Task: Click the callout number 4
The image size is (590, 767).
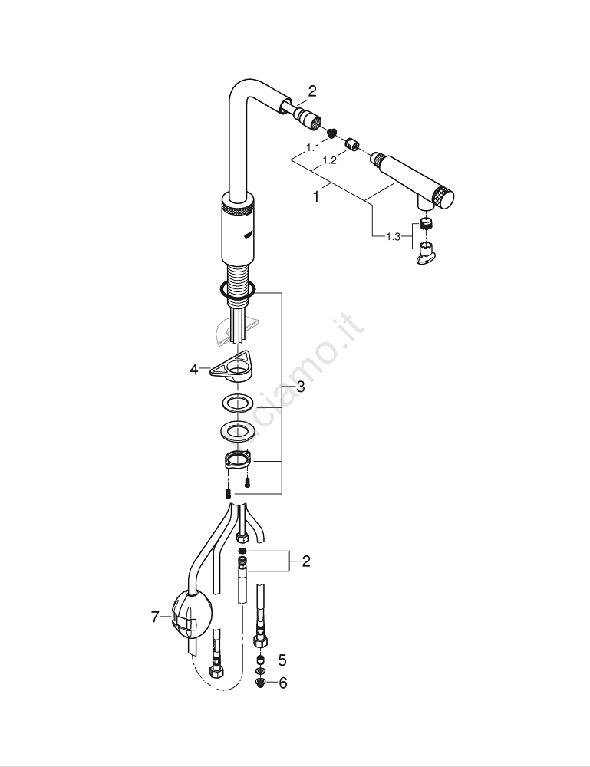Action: click(x=194, y=370)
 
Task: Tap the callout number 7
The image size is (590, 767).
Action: click(x=155, y=616)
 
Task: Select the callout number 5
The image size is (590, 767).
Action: click(x=283, y=660)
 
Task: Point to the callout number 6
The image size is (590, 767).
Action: click(x=283, y=683)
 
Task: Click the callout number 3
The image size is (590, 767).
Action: click(x=300, y=387)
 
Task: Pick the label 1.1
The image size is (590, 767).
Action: click(x=313, y=146)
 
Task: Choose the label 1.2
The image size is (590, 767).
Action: click(x=330, y=160)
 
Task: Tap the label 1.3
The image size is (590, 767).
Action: click(x=393, y=236)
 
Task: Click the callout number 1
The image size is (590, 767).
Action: click(x=315, y=196)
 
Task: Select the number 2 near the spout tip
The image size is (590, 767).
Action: click(x=312, y=91)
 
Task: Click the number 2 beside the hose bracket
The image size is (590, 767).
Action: click(x=306, y=561)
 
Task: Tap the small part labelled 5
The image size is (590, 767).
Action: click(x=262, y=660)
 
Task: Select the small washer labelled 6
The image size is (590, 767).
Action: click(x=262, y=681)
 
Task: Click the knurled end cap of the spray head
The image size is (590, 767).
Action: click(x=444, y=198)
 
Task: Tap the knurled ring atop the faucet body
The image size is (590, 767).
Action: click(x=237, y=209)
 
